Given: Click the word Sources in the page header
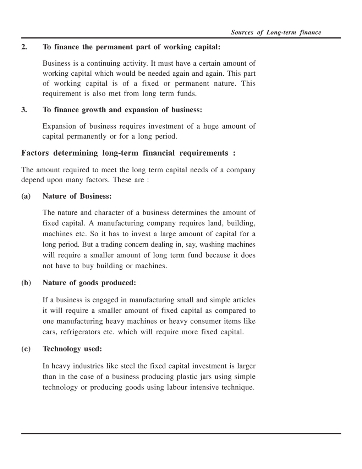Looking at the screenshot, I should pos(242,32).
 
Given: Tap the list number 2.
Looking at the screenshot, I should pos(24,47).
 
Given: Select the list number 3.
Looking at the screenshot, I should pos(24,110).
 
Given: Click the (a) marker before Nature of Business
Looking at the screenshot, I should pos(26,196).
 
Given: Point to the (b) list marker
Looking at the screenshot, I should pos(26,283).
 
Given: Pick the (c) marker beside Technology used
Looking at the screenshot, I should pos(26,349).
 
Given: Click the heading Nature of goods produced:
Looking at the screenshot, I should pos(89,283).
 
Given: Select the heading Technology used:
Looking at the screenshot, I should pos(72,349).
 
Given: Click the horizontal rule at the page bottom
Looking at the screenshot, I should pos(181,433).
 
